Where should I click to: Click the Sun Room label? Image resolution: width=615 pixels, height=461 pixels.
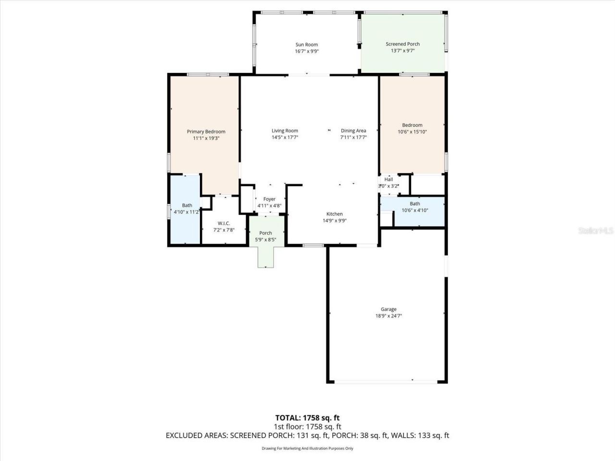coord(307,45)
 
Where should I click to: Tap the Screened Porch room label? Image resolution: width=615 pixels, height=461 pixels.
coord(403,44)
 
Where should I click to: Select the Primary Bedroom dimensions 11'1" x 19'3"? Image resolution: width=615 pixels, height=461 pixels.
coord(206,138)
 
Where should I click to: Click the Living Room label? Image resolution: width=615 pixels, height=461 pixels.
coord(285,131)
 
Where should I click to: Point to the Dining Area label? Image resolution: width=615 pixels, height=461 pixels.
coord(354,131)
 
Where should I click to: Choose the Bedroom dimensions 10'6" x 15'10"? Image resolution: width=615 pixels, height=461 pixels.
coord(412,132)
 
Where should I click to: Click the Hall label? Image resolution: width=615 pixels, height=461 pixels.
coord(388,180)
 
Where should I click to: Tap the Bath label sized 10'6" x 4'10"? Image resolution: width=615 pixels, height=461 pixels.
coord(415,204)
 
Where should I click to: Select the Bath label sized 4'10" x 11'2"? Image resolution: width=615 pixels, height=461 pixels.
coord(187,206)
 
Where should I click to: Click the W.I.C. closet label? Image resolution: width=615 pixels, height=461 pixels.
coord(224,223)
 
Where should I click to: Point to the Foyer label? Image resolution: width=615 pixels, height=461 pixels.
coord(270,199)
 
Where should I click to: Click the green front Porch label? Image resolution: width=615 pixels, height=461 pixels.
coord(266,233)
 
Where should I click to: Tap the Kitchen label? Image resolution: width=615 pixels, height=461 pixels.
coord(334,214)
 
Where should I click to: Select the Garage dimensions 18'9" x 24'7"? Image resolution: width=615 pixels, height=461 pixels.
coord(389,316)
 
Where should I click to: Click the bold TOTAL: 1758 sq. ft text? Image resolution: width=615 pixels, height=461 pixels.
coord(307,418)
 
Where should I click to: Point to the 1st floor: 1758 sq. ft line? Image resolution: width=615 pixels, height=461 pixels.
coord(307,426)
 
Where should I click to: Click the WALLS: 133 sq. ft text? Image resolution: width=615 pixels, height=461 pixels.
coord(420,436)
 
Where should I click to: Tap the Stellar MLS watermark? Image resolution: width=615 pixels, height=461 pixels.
coord(596,231)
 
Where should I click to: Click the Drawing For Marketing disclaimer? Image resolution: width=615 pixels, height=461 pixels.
coord(307,449)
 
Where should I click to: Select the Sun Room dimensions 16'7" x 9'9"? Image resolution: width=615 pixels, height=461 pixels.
coord(307,51)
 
